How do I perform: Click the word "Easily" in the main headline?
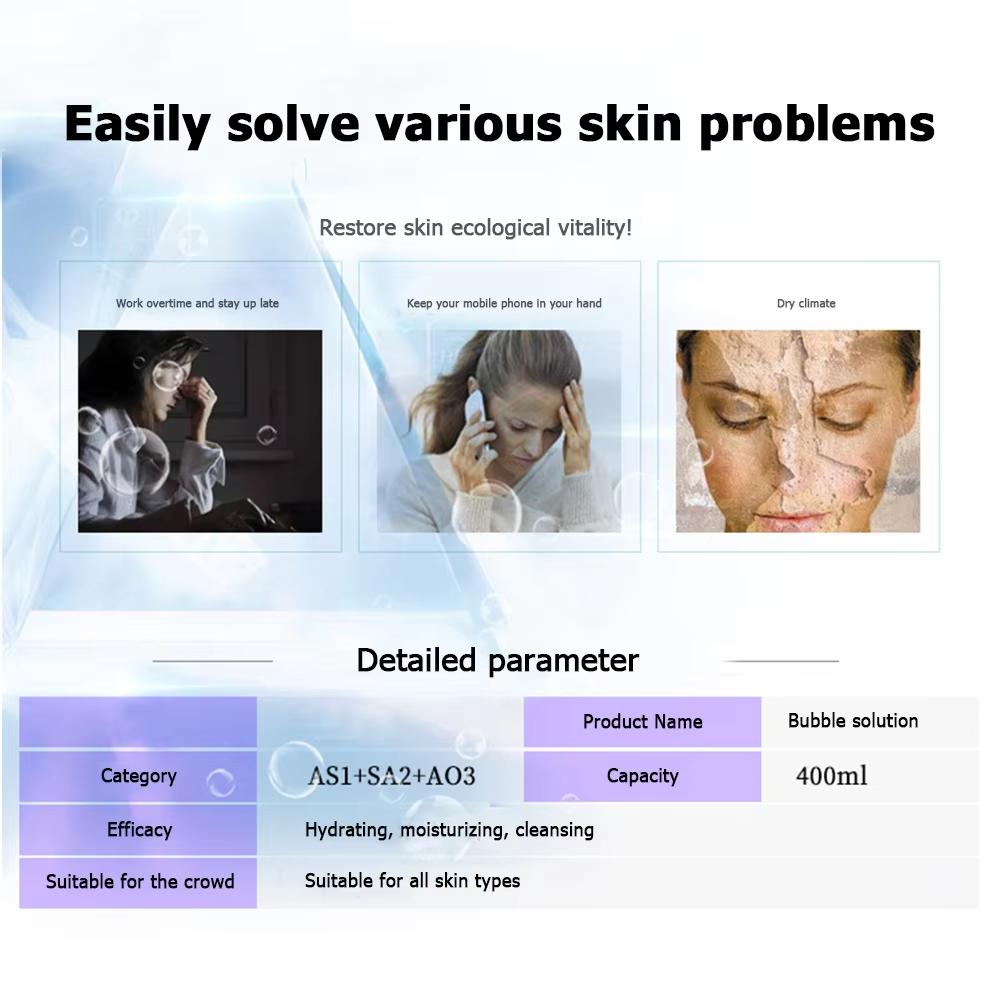pos(137,124)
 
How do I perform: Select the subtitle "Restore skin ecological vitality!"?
pos(475,228)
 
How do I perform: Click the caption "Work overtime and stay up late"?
pos(197,303)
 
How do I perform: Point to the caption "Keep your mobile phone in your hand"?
pos(504,303)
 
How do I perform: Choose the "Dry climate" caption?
pos(806,303)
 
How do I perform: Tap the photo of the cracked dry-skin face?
pos(797,431)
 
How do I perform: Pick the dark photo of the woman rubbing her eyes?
pos(200,431)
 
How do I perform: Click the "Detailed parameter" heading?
pos(497,661)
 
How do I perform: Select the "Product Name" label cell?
pos(642,722)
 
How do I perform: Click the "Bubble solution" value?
pos(852,721)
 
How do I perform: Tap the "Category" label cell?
pos(138,776)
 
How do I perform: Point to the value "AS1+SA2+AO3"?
pos(391,776)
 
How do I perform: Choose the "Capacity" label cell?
pos(642,776)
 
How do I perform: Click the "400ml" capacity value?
pos(831,776)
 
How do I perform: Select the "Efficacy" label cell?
pos(139,830)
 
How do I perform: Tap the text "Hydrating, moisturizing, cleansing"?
pos(449,830)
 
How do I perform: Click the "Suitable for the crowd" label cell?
pos(139,882)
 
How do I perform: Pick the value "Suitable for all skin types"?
pos(412,881)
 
